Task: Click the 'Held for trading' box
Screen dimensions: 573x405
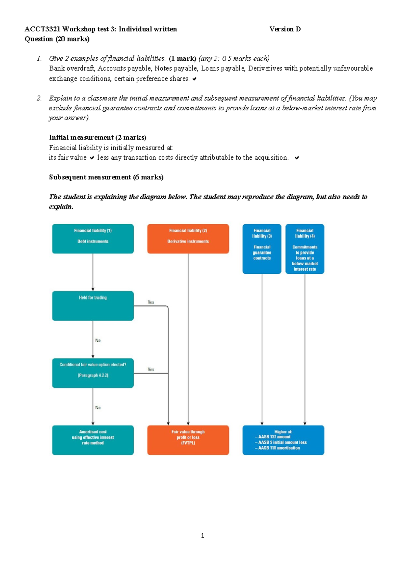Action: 93,305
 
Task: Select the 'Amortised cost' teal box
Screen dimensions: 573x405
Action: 93,440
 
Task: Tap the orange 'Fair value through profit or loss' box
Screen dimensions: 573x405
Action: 188,440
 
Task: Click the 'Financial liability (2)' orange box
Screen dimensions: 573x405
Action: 188,239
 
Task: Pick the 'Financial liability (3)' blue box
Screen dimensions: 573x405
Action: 262,249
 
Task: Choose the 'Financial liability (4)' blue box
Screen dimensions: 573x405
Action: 305,249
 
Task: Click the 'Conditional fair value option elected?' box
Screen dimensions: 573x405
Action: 93,373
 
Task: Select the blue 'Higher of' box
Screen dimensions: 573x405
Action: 283,440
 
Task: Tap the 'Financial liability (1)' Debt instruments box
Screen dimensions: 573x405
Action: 93,239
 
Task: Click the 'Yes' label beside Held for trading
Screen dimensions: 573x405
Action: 151,302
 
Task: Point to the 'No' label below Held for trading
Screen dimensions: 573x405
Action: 98,340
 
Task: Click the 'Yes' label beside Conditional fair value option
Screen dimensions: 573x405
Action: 151,370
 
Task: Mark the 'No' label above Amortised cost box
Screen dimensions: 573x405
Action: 98,408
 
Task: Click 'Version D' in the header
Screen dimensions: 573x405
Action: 285,29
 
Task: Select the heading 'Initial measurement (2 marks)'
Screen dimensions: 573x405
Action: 98,137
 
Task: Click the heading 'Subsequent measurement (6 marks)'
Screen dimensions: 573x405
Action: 106,177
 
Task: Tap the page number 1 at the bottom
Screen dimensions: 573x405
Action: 202,536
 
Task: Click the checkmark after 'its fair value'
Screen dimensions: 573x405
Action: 92,158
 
